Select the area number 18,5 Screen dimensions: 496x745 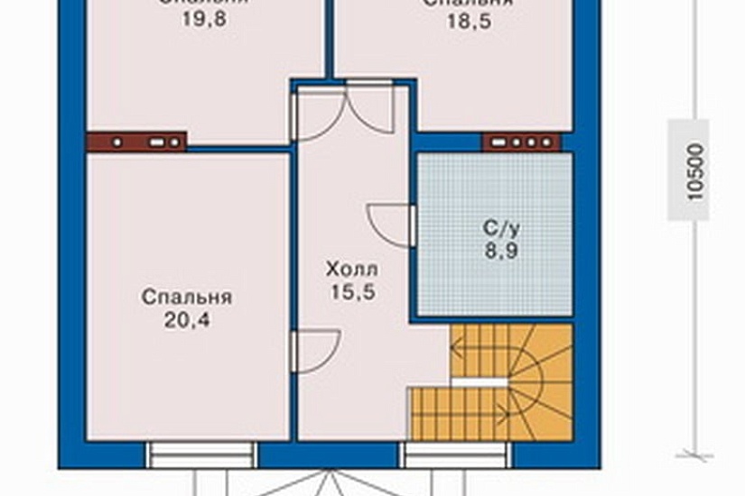pyautogui.click(x=469, y=19)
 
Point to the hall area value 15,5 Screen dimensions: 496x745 pyautogui.click(x=352, y=291)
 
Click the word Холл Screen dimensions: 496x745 pyautogui.click(x=352, y=270)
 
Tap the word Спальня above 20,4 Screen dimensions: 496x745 pyautogui.click(x=187, y=298)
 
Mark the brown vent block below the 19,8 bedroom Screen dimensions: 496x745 pyautogui.click(x=137, y=142)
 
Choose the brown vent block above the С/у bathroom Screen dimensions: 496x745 pyautogui.click(x=521, y=142)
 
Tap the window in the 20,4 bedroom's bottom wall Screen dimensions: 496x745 pyautogui.click(x=201, y=455)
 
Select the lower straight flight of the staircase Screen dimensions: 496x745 pyautogui.click(x=449, y=414)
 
